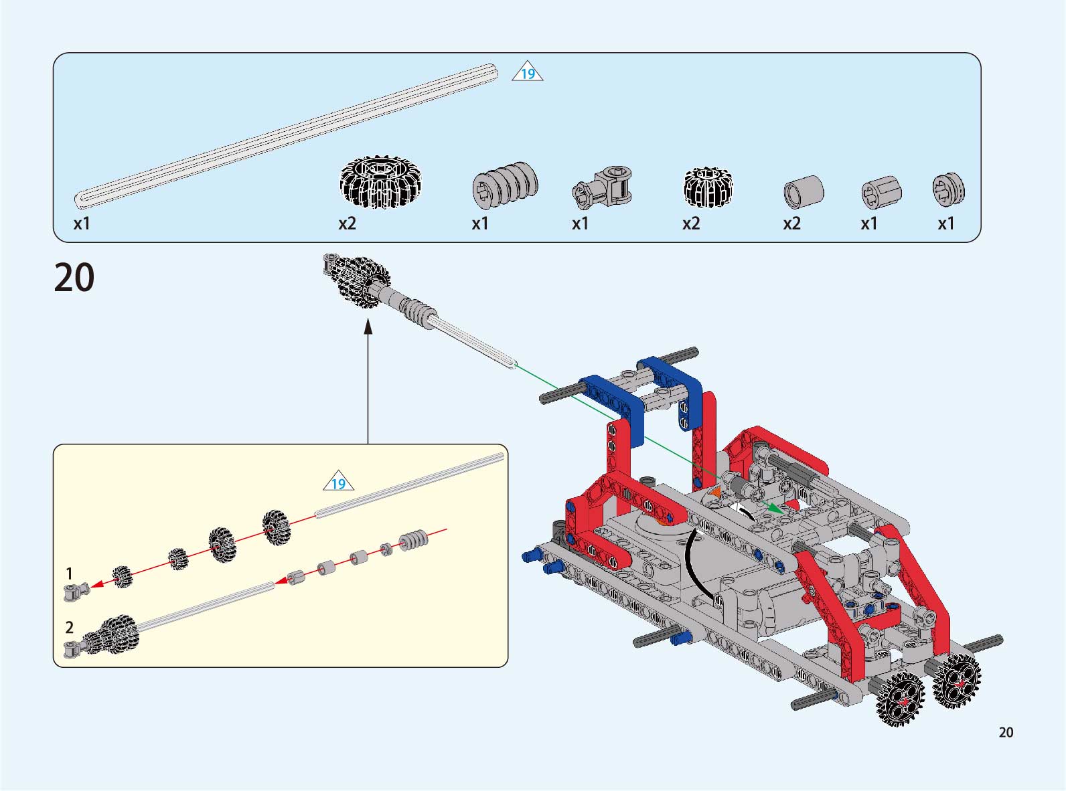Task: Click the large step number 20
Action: [x=74, y=278]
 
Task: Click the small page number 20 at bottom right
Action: [x=1006, y=733]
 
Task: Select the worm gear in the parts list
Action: [x=505, y=185]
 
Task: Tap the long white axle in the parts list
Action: [x=286, y=134]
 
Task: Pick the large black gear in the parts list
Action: [x=380, y=183]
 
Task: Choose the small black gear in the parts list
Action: [x=708, y=187]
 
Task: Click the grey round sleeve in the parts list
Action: [x=804, y=192]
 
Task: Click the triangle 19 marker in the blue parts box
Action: [x=528, y=74]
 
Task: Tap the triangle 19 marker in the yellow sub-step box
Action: [x=338, y=483]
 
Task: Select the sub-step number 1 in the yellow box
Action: [x=69, y=574]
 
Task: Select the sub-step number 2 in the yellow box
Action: [x=69, y=627]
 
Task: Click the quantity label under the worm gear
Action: [x=480, y=224]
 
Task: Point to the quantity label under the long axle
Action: [x=82, y=224]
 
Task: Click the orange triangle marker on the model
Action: [x=715, y=493]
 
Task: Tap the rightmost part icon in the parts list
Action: [x=948, y=189]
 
